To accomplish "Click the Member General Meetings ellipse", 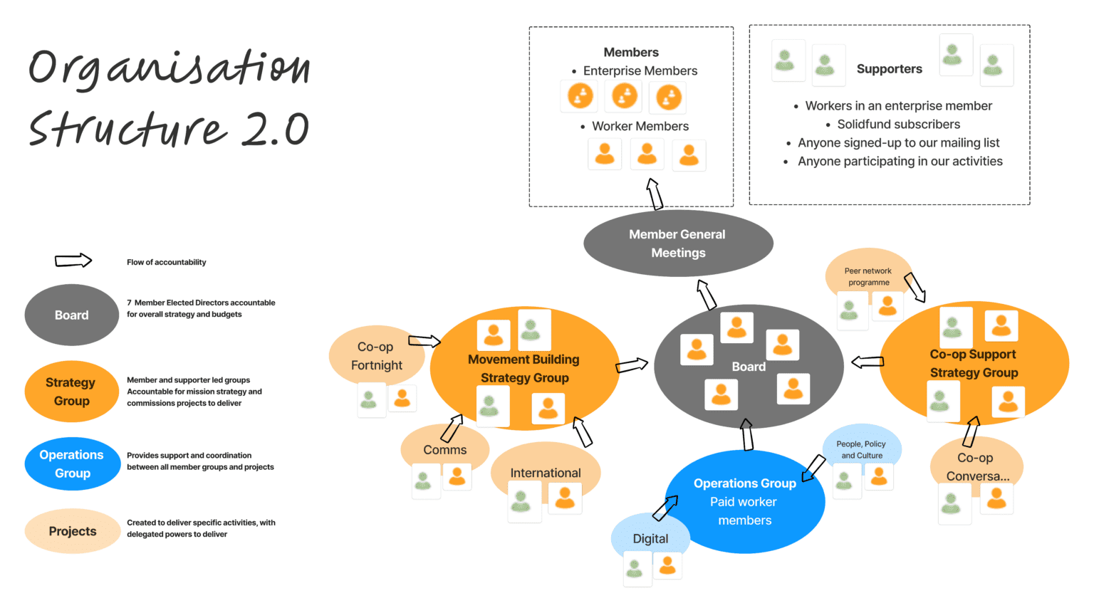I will click(677, 243).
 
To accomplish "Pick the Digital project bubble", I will click(650, 538).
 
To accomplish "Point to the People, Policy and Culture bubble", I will click(862, 449).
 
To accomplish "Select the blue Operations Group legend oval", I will click(72, 463).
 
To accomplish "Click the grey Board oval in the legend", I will click(71, 315).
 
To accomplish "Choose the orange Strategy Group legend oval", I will click(71, 392).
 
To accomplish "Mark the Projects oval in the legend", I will click(72, 531).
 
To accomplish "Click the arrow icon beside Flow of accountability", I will click(73, 261).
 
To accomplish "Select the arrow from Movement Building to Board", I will click(632, 365).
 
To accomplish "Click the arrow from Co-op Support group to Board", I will click(868, 362).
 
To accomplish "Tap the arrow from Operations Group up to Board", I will click(747, 434).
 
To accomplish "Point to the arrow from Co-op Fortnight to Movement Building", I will click(424, 341).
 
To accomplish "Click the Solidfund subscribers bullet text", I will click(898, 124).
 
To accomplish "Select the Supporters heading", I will click(889, 69).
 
